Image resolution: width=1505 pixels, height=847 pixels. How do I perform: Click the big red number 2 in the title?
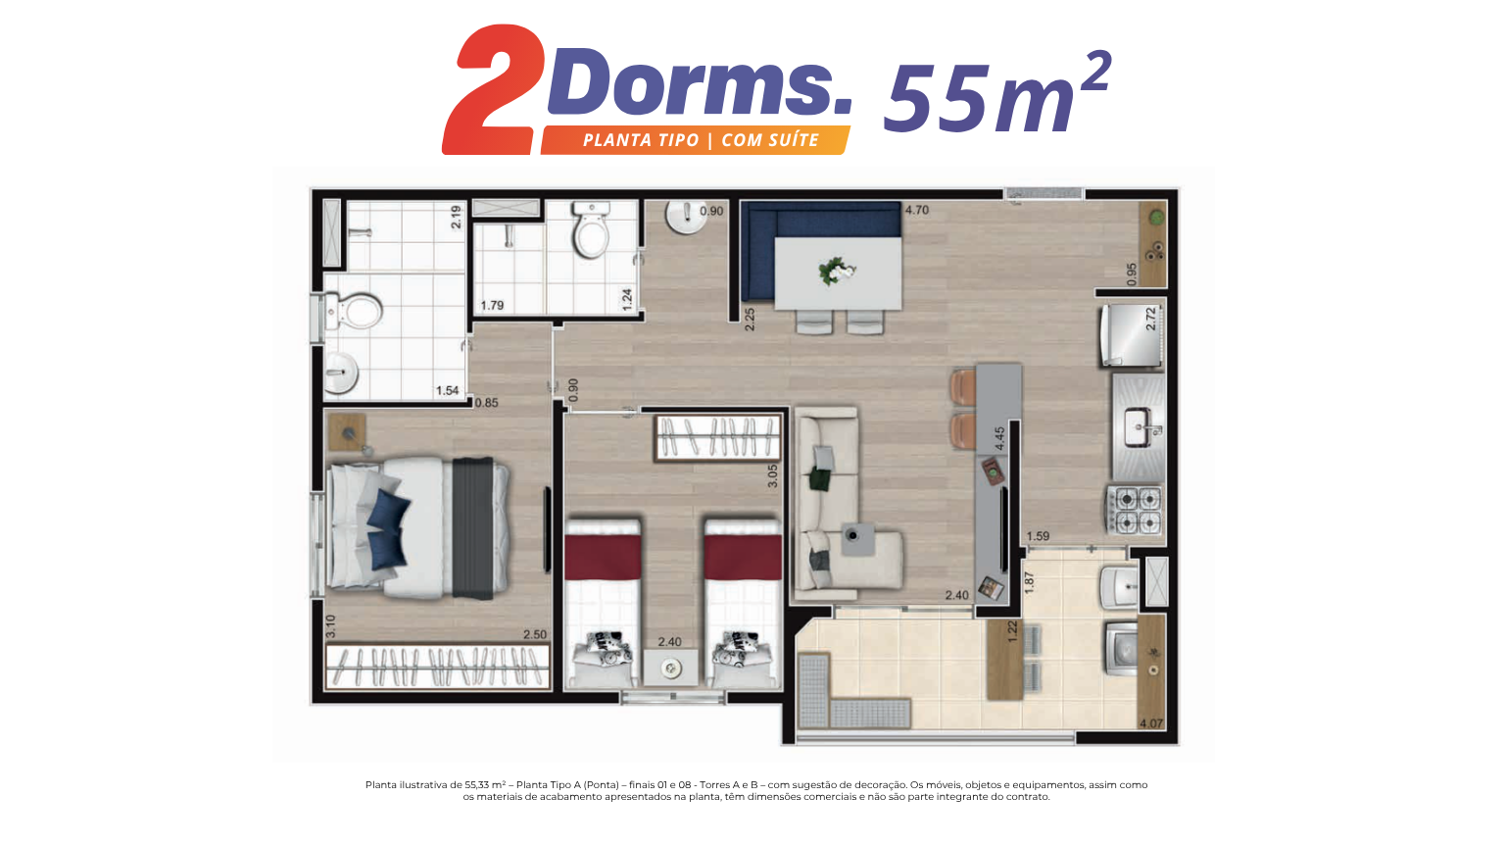(x=494, y=91)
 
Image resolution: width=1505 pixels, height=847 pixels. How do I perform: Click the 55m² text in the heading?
(x=997, y=92)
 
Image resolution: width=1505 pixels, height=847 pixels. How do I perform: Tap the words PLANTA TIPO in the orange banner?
(x=641, y=140)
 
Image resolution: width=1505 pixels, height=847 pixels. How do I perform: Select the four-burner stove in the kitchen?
(x=1136, y=510)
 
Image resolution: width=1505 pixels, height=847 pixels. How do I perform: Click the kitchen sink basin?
(x=1140, y=427)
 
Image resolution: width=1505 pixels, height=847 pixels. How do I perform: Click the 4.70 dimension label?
(x=916, y=210)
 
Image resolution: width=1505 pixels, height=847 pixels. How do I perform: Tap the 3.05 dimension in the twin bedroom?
(x=773, y=475)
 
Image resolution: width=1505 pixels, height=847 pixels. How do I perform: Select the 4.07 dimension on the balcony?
(x=1151, y=723)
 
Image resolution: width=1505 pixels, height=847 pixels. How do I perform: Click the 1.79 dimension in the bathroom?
(x=492, y=305)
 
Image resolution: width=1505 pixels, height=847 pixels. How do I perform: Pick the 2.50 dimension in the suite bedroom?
(x=535, y=634)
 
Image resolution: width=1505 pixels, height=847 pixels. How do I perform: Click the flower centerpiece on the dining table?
(x=835, y=272)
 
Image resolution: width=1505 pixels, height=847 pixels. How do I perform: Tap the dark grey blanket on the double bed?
(x=473, y=527)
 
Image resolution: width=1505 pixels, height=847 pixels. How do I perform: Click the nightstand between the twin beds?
(x=670, y=667)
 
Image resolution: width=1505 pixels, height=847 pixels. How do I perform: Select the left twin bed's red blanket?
(x=603, y=557)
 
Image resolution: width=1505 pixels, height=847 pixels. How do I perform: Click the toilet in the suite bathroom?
(x=354, y=312)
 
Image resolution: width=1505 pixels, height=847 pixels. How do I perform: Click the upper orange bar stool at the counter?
(x=963, y=388)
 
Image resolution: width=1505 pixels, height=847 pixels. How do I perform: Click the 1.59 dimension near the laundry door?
(x=1038, y=536)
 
